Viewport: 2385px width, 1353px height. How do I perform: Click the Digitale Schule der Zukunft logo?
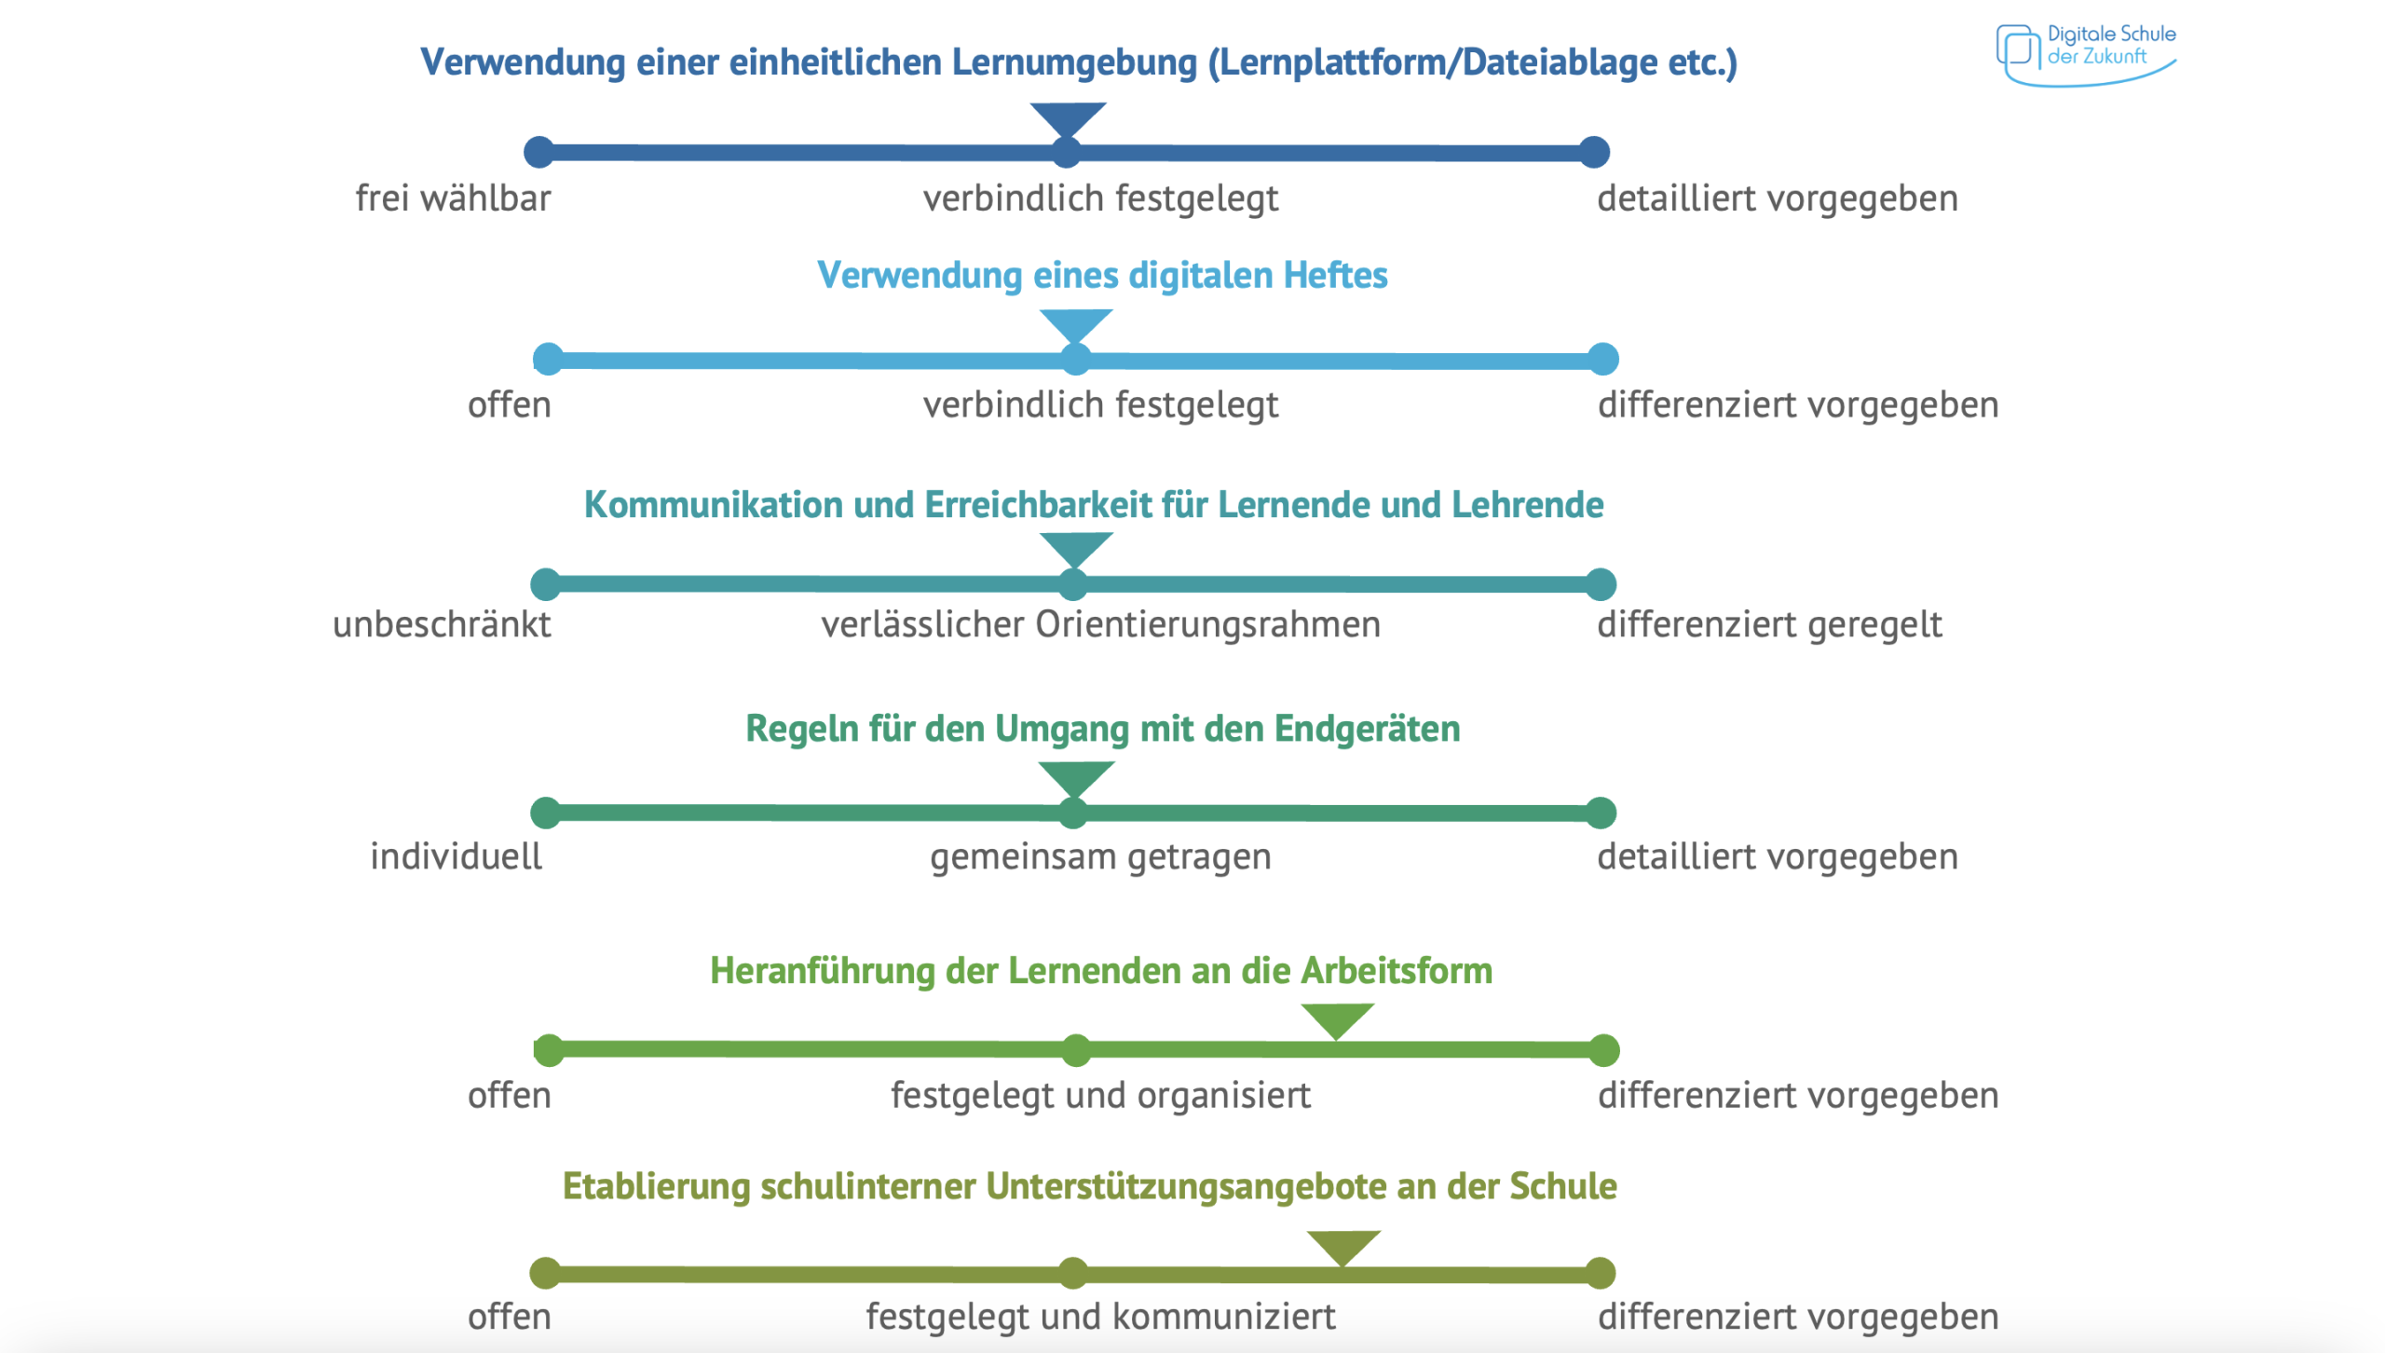2085,53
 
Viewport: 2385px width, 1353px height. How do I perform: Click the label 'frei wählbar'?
453,198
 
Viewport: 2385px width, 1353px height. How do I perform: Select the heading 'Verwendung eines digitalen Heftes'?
1101,276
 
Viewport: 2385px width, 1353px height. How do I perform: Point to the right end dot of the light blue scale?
1602,360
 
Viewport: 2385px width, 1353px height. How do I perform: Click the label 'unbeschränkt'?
442,624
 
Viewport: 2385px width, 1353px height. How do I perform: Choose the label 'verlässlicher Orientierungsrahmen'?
1100,624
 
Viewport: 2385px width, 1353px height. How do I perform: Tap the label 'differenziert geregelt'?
1769,624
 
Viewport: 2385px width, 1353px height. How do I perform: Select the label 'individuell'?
456,856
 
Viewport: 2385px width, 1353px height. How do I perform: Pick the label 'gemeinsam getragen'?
1100,856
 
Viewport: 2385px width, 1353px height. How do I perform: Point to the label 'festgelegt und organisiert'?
1100,1095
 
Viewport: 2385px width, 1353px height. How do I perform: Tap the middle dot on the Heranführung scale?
1076,1050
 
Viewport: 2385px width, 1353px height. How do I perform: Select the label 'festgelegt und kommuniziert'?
1100,1317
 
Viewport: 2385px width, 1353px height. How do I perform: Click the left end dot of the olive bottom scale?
545,1273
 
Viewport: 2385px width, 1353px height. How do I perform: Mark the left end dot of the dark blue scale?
538,152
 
